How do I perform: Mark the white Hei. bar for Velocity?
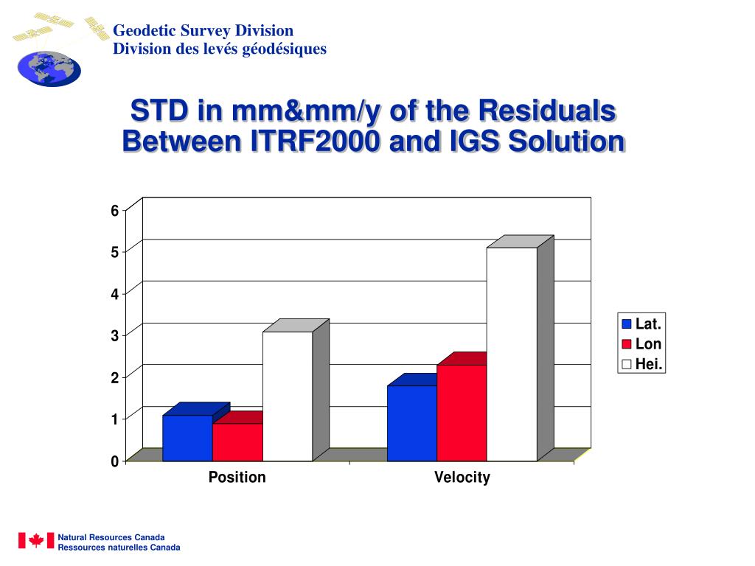click(x=512, y=354)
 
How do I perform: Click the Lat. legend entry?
click(x=641, y=324)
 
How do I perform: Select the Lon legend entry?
click(x=641, y=343)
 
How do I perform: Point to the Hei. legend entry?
click(x=641, y=364)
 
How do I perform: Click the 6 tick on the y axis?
click(x=115, y=211)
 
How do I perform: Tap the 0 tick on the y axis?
click(x=115, y=462)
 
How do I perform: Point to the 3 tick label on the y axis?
click(x=115, y=336)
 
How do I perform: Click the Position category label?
click(x=237, y=478)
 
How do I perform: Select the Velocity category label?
click(x=462, y=478)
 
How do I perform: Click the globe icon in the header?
click(x=49, y=69)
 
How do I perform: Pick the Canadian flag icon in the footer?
click(x=36, y=540)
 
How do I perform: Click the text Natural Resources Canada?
click(x=111, y=537)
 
